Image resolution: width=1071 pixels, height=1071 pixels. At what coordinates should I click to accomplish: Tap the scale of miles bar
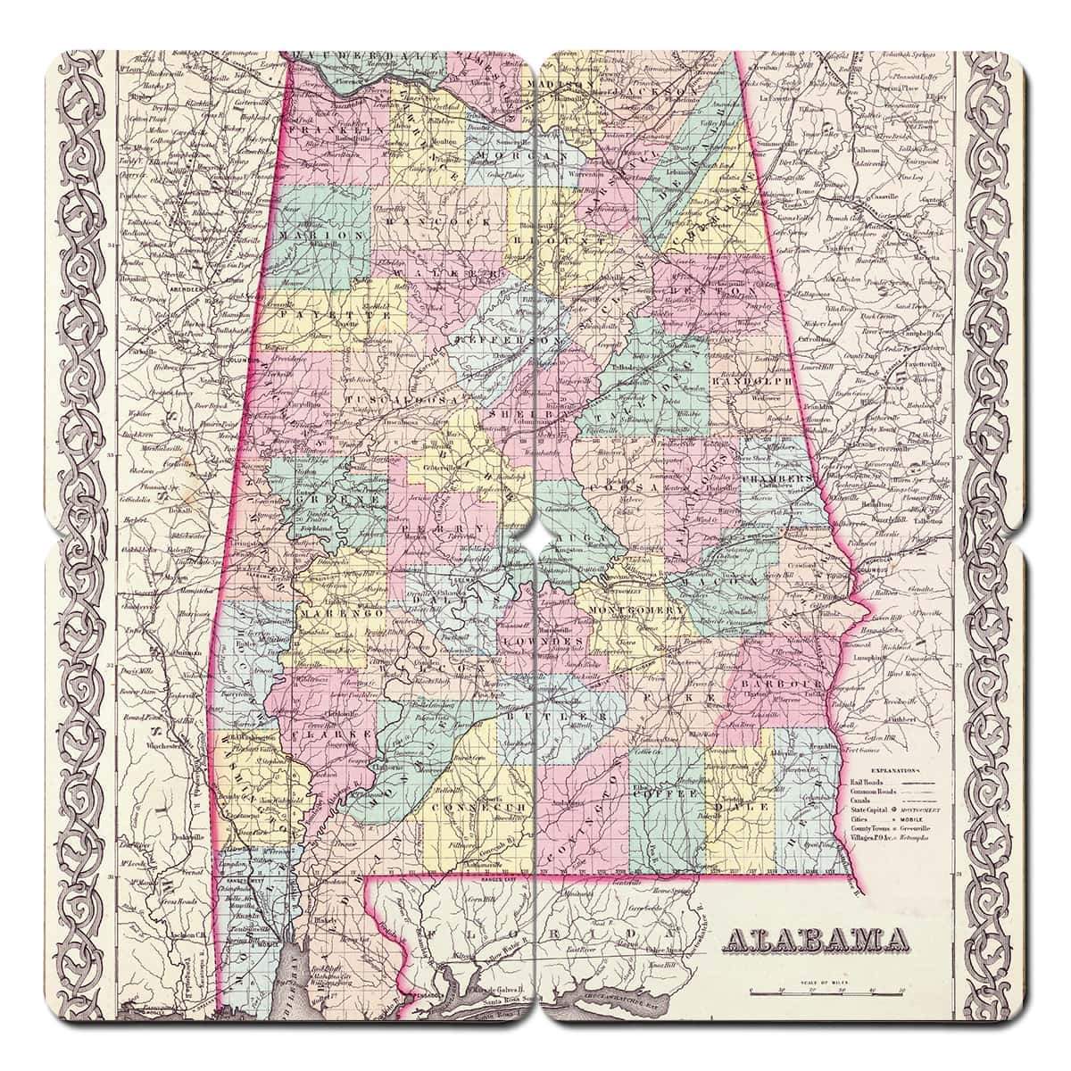[826, 990]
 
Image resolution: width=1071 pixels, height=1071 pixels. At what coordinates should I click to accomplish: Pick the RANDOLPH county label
[751, 379]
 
